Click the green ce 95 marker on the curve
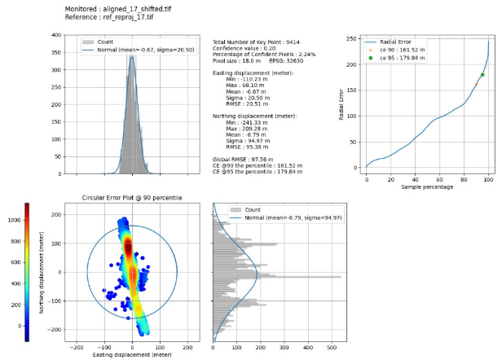click(482, 75)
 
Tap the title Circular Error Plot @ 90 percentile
click(132, 198)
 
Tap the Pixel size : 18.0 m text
click(236, 60)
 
